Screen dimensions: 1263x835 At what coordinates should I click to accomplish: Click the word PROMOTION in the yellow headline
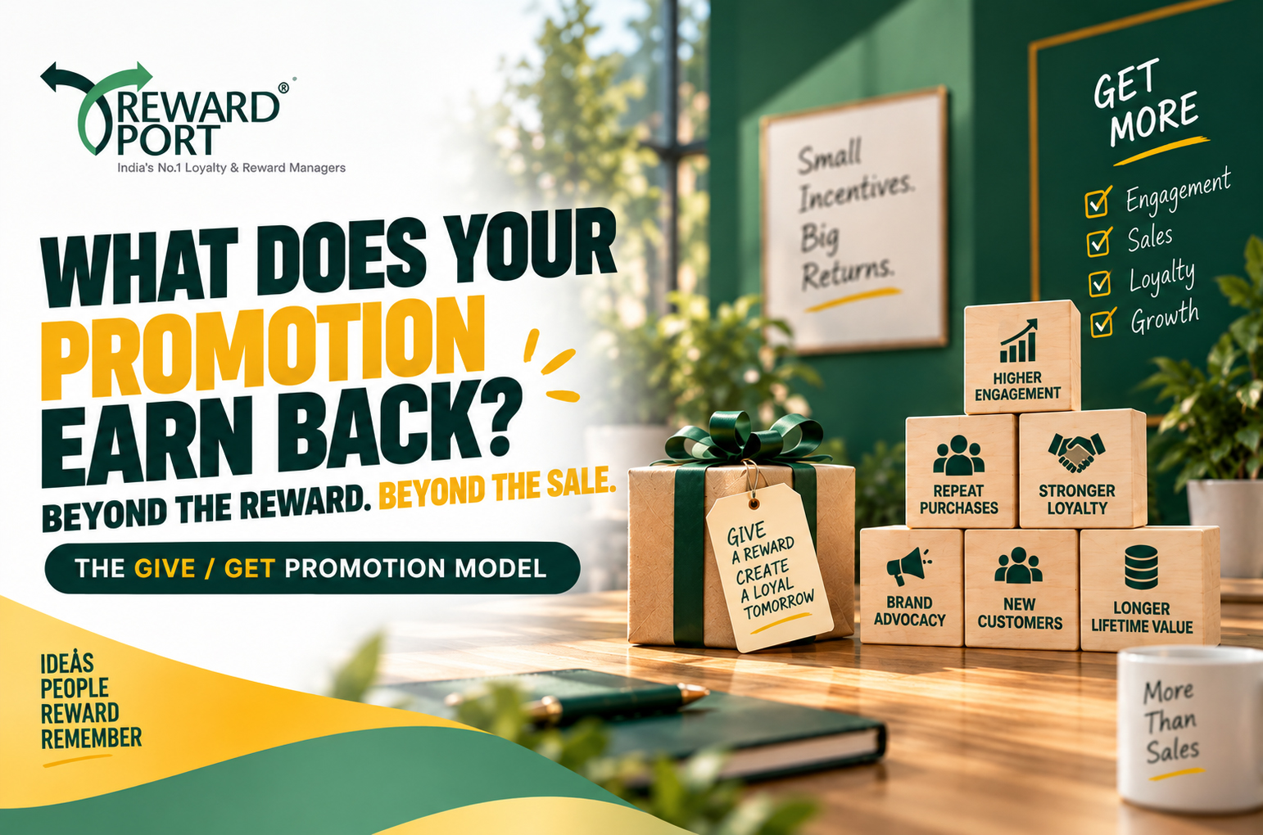tap(263, 345)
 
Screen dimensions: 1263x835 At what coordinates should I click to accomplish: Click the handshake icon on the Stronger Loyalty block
tap(1076, 452)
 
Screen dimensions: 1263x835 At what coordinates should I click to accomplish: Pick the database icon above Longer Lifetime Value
tap(1141, 567)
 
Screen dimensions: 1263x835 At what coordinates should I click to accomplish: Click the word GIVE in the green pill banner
tap(165, 568)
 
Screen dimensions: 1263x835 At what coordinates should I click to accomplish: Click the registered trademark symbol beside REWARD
tap(283, 88)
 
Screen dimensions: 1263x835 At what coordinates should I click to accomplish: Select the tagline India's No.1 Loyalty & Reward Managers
tap(231, 167)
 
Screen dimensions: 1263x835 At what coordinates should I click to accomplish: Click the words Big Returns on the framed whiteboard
tap(847, 256)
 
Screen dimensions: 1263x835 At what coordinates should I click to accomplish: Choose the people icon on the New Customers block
tap(1018, 565)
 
